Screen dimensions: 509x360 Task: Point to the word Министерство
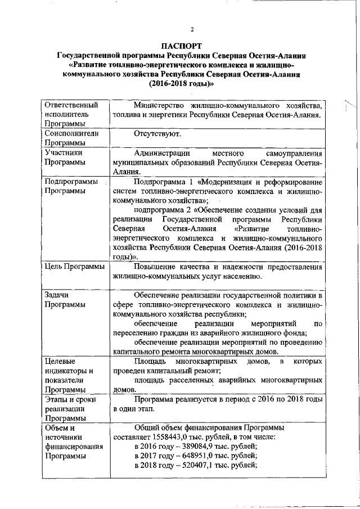tap(161, 106)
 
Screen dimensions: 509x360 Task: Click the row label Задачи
tap(57, 295)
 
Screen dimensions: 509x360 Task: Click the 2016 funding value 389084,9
tap(199, 446)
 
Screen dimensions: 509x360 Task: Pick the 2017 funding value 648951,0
tap(199, 456)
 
